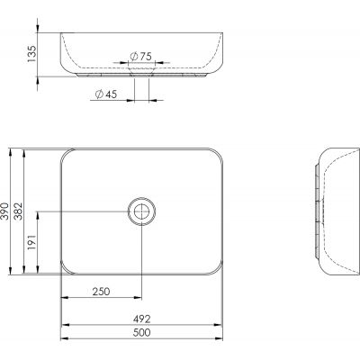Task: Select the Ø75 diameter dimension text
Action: click(x=139, y=56)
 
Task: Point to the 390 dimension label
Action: click(x=6, y=211)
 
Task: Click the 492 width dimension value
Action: click(x=140, y=319)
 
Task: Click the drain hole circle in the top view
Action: click(x=141, y=211)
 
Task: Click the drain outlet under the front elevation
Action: click(x=141, y=76)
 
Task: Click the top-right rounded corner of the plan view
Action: click(x=217, y=152)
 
